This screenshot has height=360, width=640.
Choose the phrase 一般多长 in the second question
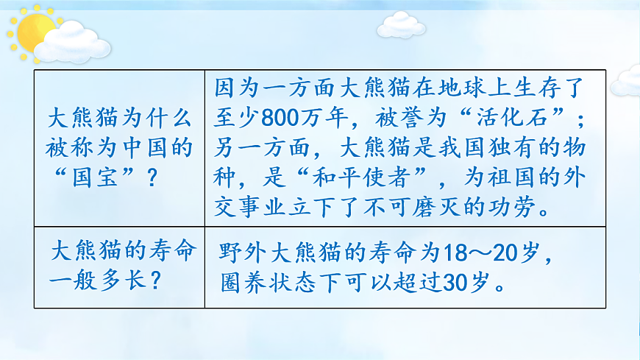93,281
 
